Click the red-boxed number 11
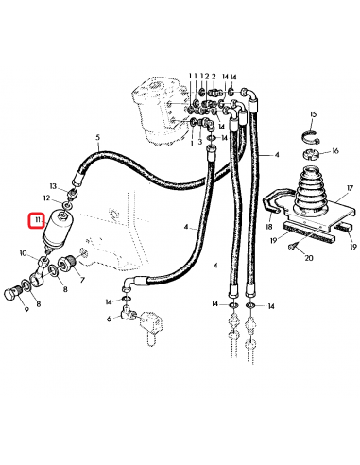pyautogui.click(x=37, y=222)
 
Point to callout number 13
pyautogui.click(x=53, y=186)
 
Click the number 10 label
pyautogui.click(x=23, y=253)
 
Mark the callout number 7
pyautogui.click(x=82, y=281)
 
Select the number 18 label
pyautogui.click(x=270, y=228)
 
